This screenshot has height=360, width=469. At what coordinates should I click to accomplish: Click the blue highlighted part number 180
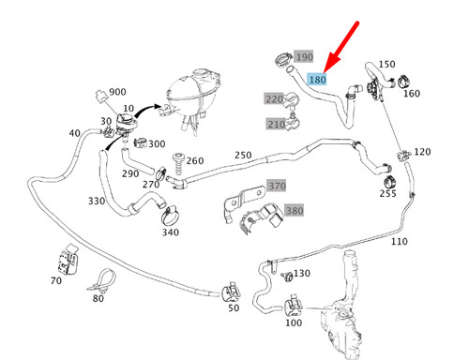click(317, 81)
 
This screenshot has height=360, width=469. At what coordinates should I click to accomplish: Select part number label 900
click(118, 92)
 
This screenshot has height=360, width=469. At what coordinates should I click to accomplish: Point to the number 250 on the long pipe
click(243, 155)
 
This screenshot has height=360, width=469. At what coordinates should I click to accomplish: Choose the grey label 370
click(277, 186)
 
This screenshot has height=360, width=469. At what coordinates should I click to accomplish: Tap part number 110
click(400, 241)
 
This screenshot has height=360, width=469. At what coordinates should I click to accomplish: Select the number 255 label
click(387, 194)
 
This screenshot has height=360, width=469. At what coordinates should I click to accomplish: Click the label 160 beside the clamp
click(412, 93)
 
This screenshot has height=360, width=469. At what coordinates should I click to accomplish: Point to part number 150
click(386, 65)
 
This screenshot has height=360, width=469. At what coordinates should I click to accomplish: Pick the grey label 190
click(305, 57)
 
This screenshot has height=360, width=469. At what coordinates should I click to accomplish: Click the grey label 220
click(274, 98)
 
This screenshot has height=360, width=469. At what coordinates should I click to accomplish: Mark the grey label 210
click(276, 124)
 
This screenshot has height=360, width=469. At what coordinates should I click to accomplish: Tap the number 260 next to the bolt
click(195, 160)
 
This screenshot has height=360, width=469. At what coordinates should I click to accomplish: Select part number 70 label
click(56, 279)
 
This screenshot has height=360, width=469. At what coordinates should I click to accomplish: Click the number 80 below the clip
click(98, 298)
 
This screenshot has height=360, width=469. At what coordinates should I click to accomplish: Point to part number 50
click(233, 307)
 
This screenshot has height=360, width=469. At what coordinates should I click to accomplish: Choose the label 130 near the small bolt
click(301, 273)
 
